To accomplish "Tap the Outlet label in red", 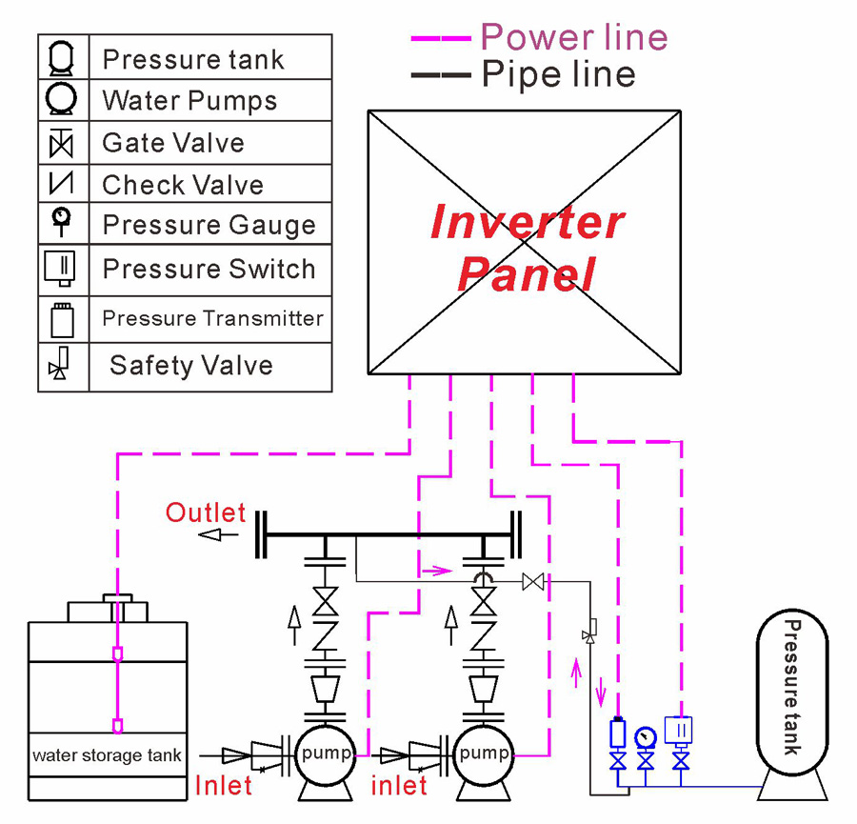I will (x=206, y=512).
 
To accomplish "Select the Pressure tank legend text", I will (x=193, y=60).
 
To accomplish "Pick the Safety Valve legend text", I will (x=191, y=366).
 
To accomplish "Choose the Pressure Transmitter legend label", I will (x=212, y=318).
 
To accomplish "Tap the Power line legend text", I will (x=574, y=37).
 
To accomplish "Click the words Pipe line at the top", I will (x=558, y=73).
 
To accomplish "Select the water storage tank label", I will (x=108, y=755).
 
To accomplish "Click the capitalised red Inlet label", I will (x=224, y=785).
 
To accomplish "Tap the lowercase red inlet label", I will (x=399, y=785).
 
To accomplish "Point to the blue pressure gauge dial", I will (x=647, y=736).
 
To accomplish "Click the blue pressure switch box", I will (x=680, y=731).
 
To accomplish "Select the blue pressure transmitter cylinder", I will (x=617, y=733).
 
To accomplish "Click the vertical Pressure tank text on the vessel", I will (x=790, y=687).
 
